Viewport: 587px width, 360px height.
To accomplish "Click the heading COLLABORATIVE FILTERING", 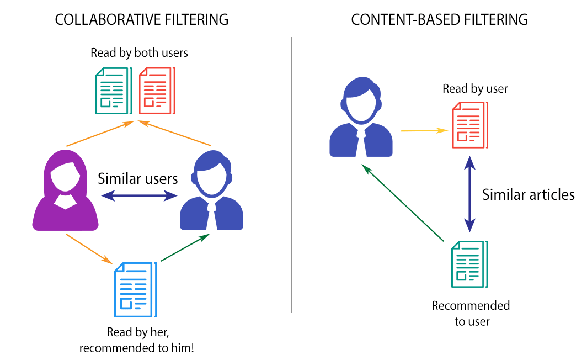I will click(x=141, y=20).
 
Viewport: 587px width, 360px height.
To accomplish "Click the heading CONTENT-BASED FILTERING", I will click(x=439, y=20).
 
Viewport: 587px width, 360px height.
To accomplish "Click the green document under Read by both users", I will click(x=113, y=91).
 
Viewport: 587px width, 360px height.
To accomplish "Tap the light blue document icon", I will click(x=135, y=289).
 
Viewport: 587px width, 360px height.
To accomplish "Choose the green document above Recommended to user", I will click(x=469, y=264).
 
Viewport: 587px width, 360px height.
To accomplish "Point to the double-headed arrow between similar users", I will click(x=138, y=195).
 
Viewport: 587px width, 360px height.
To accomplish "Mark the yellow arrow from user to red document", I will click(x=424, y=131).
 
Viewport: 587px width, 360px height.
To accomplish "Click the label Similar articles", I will click(x=528, y=194).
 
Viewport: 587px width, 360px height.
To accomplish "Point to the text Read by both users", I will click(x=140, y=53).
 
